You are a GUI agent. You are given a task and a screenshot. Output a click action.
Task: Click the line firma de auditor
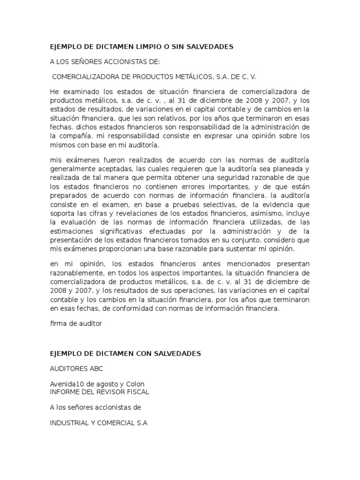[75, 323]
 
